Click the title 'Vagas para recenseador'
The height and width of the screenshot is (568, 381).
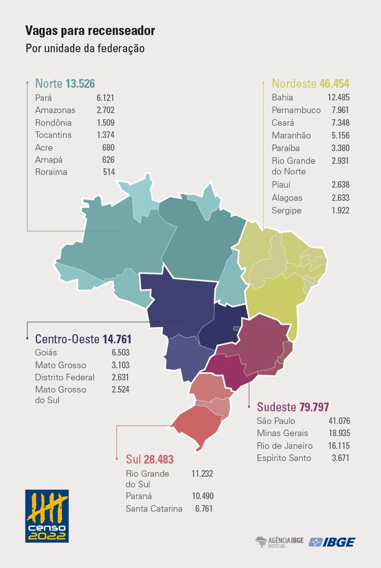pos(90,31)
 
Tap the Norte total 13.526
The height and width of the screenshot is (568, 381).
pos(80,84)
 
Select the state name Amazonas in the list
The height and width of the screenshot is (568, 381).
pos(55,110)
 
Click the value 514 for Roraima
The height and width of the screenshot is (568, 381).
pos(109,172)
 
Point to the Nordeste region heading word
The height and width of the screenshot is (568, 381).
pos(294,84)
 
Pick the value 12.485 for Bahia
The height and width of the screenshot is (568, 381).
pos(338,97)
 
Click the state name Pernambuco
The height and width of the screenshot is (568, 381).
pos(296,110)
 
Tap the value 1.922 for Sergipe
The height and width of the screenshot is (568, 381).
pos(340,210)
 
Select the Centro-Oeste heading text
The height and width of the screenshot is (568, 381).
pos(67,339)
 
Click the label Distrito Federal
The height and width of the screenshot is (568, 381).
pos(65,377)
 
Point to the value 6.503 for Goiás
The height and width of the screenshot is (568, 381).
pos(120,352)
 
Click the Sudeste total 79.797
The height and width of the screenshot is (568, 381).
pos(314,407)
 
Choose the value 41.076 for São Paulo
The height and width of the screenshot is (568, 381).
pos(339,421)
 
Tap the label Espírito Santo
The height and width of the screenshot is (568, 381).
pos(284,458)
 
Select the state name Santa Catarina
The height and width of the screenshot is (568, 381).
pos(154,509)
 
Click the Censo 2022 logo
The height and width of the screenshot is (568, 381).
pos(47,516)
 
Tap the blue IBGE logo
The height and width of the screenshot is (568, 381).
pos(332,542)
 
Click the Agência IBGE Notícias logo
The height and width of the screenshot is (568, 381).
pos(279,542)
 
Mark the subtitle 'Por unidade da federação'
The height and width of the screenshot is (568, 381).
pos(85,48)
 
